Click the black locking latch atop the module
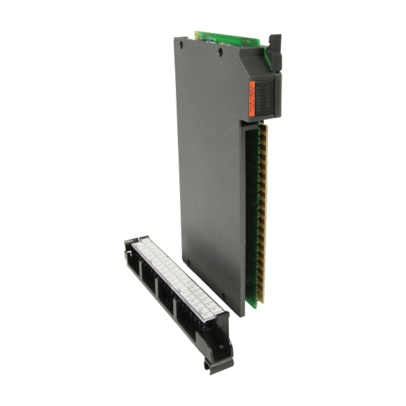click(x=274, y=47)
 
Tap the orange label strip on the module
click(x=252, y=99)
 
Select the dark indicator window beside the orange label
click(x=267, y=98)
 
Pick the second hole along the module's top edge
click(x=221, y=49)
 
